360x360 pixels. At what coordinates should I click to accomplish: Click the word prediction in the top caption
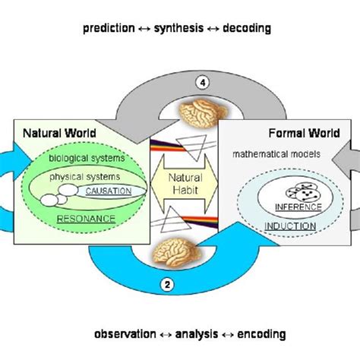112,29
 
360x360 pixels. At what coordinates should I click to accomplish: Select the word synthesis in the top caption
182,29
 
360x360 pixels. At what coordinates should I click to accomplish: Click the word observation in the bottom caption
124,333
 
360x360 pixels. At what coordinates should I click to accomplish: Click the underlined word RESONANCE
87,218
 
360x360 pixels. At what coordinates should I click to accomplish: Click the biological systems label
78,160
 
